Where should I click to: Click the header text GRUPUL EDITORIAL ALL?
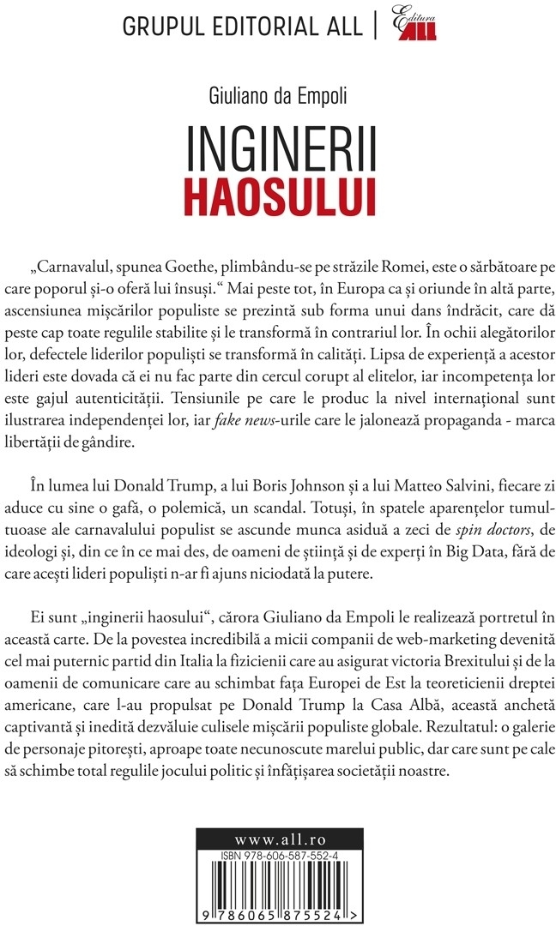point(244,27)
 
